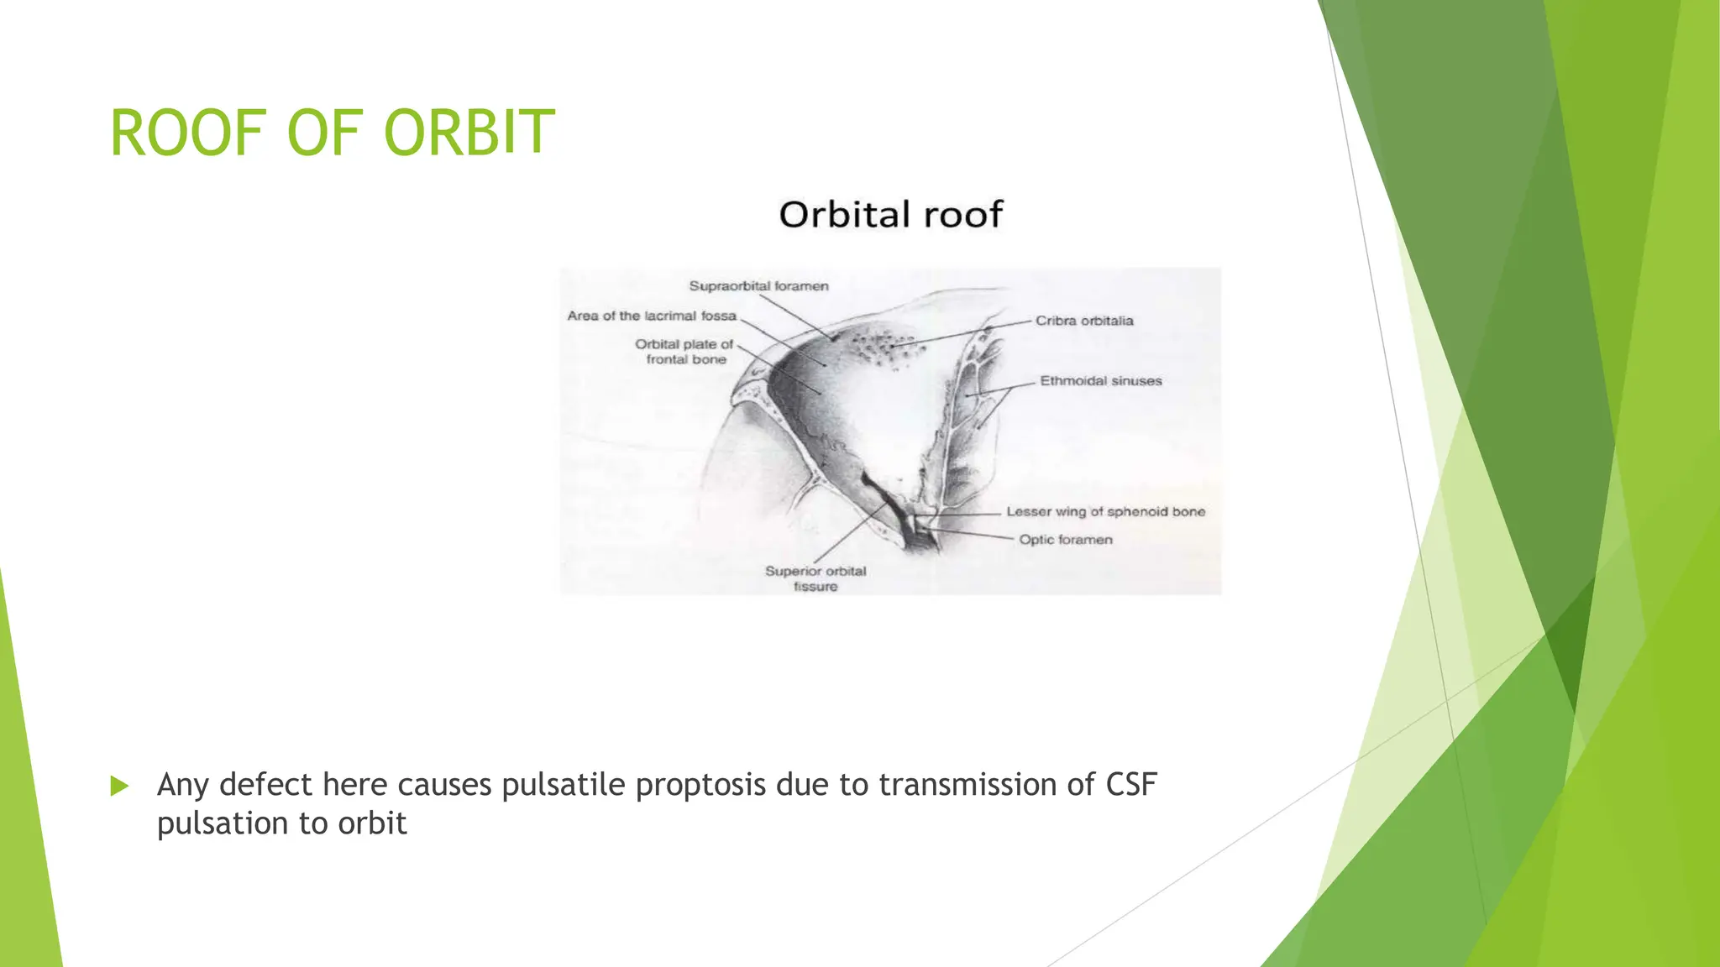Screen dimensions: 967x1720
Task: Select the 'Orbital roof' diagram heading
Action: pos(890,215)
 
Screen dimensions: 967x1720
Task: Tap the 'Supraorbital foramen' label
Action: pos(758,286)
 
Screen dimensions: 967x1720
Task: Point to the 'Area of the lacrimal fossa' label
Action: pos(652,316)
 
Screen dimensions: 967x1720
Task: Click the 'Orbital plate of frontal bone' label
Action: pos(684,352)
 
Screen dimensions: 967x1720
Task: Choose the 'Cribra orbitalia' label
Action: pos(1083,321)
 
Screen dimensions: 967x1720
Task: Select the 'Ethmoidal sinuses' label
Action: pos(1100,381)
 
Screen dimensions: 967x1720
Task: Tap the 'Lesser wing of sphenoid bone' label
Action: pos(1105,511)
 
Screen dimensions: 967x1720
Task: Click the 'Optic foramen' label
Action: pos(1065,540)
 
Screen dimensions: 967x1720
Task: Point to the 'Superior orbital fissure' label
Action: pos(815,578)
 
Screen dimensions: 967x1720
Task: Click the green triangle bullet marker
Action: pos(119,787)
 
